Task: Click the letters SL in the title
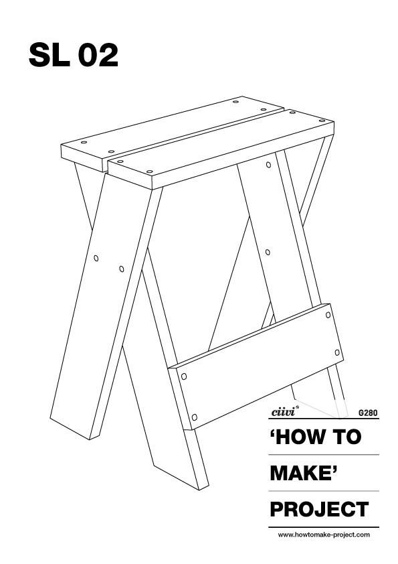49,55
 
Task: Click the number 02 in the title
98,55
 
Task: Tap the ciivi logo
283,411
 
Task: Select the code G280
368,413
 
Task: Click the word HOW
300,437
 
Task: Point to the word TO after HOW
346,437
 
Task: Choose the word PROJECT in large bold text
319,509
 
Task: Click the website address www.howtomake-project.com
324,535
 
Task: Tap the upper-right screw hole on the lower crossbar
328,315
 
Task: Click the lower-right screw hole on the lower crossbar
337,352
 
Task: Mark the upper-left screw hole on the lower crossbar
183,376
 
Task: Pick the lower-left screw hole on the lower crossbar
195,417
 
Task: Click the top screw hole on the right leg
268,165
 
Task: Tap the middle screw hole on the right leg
268,253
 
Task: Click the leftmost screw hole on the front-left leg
96,259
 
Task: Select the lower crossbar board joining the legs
256,366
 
